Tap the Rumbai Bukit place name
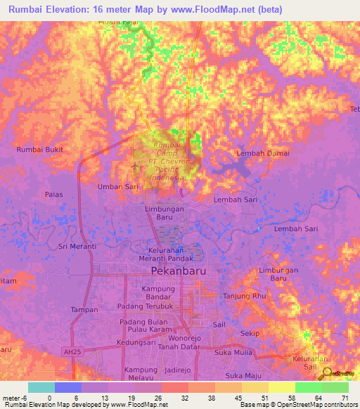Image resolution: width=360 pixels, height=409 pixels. [40, 150]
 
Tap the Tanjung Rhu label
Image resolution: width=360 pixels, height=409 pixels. [244, 297]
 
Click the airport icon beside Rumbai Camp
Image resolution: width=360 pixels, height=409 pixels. [136, 167]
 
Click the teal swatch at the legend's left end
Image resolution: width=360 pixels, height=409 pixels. [41, 387]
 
